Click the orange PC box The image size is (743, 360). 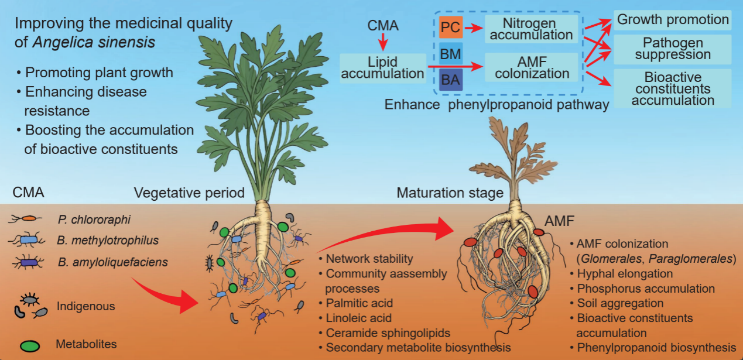451,28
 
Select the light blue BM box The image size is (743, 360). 451,55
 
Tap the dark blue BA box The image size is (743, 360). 451,80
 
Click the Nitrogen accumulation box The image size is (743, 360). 531,28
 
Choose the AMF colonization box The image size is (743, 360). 531,67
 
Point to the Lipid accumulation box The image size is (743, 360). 382,67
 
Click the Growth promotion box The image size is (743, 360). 673,20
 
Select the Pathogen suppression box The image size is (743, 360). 673,49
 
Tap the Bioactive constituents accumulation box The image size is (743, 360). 673,88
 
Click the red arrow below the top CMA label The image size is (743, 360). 382,42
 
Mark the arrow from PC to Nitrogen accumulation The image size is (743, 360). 474,28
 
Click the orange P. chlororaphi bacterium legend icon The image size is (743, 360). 27,219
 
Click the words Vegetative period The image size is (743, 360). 189,193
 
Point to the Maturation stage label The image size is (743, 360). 450,193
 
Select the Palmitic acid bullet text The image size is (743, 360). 359,303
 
